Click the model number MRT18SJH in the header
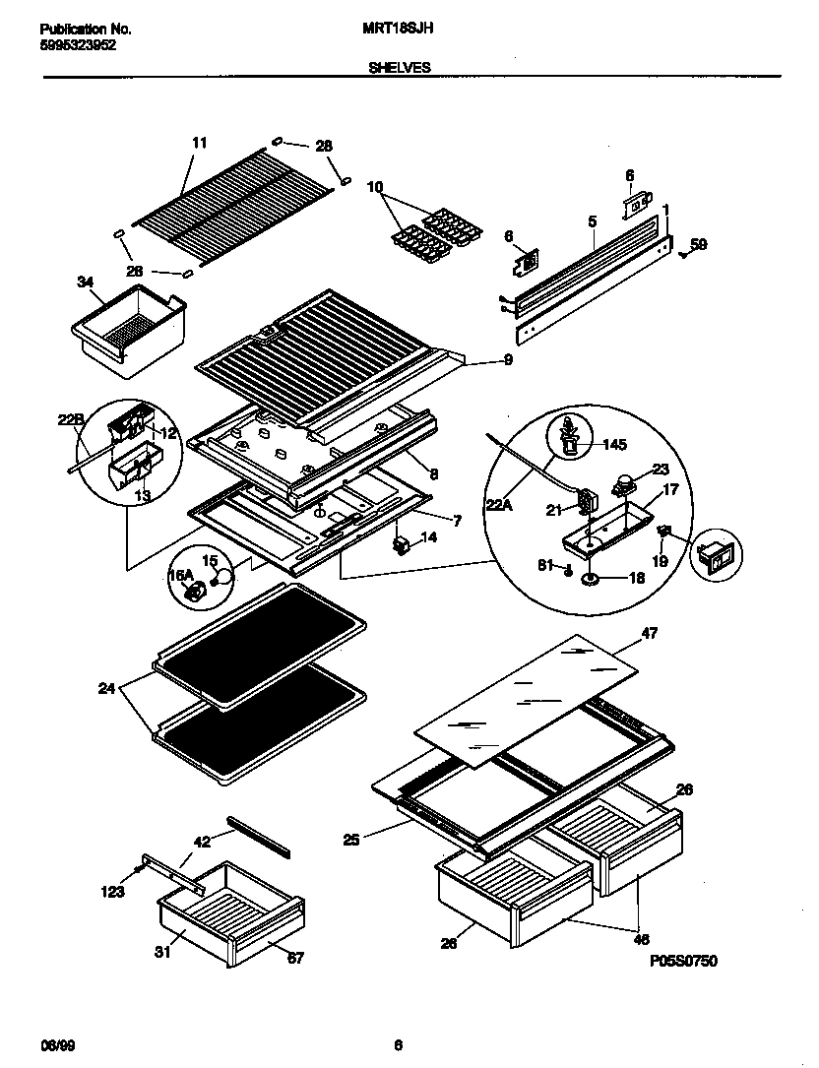(x=392, y=30)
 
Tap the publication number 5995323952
(x=79, y=45)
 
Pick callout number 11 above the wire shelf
(x=199, y=143)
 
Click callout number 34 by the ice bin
(x=86, y=283)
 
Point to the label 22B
(x=70, y=421)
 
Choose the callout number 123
(x=113, y=892)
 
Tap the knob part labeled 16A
(x=195, y=591)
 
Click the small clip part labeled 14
(x=402, y=542)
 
